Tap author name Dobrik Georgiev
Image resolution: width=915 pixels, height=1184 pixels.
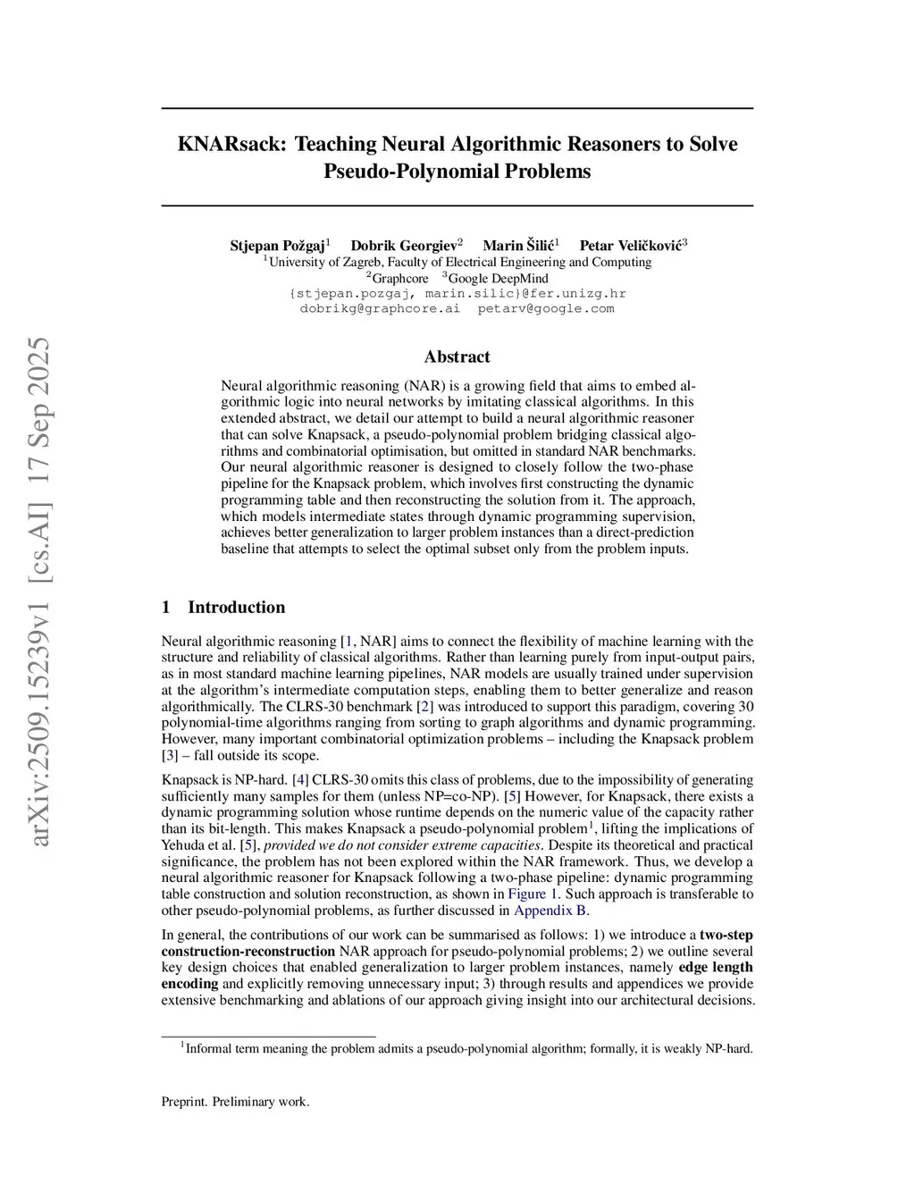pos(404,245)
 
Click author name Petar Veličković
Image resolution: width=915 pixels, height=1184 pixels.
pos(631,245)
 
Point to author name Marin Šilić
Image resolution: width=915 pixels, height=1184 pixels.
pos(518,245)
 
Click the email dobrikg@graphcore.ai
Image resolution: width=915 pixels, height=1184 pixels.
pos(380,308)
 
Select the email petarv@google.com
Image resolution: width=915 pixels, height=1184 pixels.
pos(546,308)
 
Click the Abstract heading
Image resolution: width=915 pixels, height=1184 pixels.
pos(457,357)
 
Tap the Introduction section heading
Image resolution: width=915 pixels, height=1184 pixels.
pos(236,608)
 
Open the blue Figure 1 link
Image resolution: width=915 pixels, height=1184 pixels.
pos(533,894)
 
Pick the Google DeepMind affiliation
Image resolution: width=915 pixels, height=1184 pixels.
pos(498,278)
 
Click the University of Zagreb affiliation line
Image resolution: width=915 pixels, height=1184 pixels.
pos(459,262)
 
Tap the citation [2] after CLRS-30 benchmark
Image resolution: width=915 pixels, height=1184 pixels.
pos(425,706)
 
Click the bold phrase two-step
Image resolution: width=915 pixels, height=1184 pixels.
pos(726,935)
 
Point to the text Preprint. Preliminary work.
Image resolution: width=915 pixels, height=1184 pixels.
pos(235,1102)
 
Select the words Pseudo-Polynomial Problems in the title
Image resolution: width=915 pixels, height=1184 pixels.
pos(457,172)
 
